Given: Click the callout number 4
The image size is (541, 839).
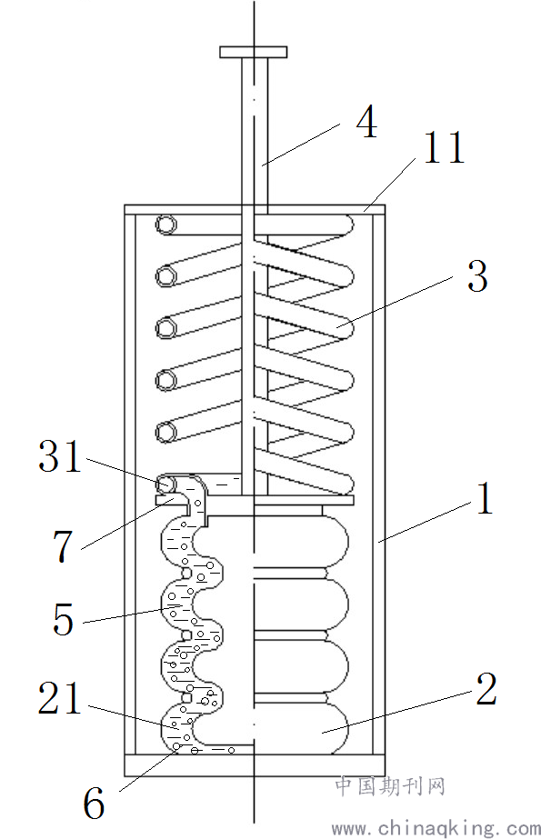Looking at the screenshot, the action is point(366,122).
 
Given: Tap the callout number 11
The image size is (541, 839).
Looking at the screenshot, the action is point(444,147).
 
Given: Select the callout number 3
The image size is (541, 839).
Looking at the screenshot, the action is point(477,276).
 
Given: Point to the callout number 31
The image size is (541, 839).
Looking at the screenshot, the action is point(59,456).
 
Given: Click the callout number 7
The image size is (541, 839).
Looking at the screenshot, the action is point(63,546).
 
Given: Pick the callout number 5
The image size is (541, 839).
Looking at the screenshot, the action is point(63,619).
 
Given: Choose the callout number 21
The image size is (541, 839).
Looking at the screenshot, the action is point(59,698).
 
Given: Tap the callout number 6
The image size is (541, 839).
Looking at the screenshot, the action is point(94,804).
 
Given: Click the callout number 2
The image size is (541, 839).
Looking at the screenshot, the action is point(486,689).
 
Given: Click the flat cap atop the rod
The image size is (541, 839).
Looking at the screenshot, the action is point(253,52).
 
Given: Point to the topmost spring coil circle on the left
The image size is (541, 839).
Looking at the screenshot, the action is point(166,225).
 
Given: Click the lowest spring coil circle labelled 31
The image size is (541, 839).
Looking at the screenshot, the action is point(165,484).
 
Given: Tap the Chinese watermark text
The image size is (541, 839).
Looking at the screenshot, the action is point(390,786).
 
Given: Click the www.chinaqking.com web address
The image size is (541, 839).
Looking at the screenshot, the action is point(436,828).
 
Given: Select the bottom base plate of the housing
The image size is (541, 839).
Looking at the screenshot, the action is point(255,764).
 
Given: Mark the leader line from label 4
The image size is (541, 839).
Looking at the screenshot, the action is point(301,145).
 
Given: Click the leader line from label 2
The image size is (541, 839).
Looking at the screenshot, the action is point(396,712).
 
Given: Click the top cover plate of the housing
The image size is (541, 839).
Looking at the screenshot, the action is point(255,210).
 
